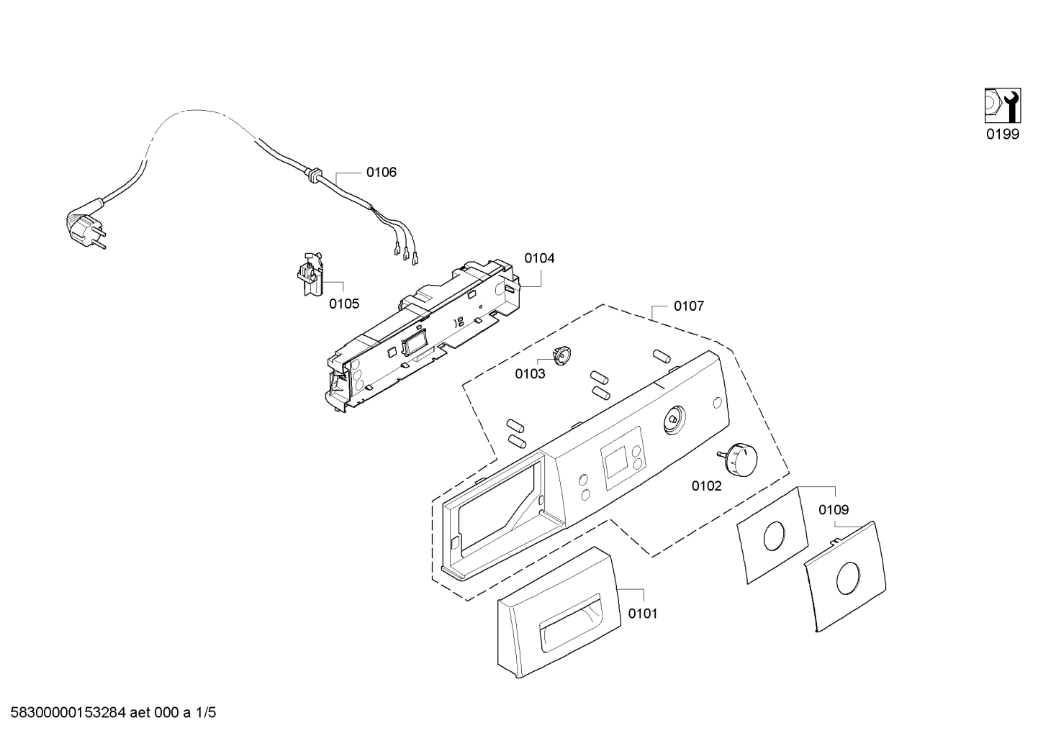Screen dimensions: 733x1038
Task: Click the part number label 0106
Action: tap(381, 173)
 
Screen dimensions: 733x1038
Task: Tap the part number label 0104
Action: tap(539, 258)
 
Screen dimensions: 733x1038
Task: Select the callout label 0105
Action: tap(344, 304)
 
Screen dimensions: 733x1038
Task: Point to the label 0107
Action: tap(689, 306)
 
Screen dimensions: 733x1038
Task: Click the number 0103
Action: tap(530, 374)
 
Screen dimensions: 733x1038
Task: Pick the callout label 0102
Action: tap(706, 486)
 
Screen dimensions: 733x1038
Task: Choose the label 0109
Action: tap(834, 510)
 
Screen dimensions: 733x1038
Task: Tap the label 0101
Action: tap(643, 614)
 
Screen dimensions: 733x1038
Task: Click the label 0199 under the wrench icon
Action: tap(1002, 135)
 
